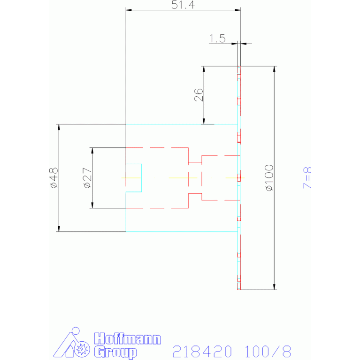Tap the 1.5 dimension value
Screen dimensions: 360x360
pos(217,38)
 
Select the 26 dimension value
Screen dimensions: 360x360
pos(199,95)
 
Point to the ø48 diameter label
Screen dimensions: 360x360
pos(54,178)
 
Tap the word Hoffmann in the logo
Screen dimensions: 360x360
pos(128,339)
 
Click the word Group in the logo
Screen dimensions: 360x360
pos(115,352)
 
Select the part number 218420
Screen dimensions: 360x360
pos(203,351)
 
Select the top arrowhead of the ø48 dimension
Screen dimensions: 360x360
pos(59,127)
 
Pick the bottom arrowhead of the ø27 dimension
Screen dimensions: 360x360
pos(92,205)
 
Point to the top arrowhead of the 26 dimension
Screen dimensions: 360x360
pos(204,69)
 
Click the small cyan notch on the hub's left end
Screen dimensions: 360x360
pos(134,178)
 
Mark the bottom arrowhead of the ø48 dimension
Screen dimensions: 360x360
pos(59,229)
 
